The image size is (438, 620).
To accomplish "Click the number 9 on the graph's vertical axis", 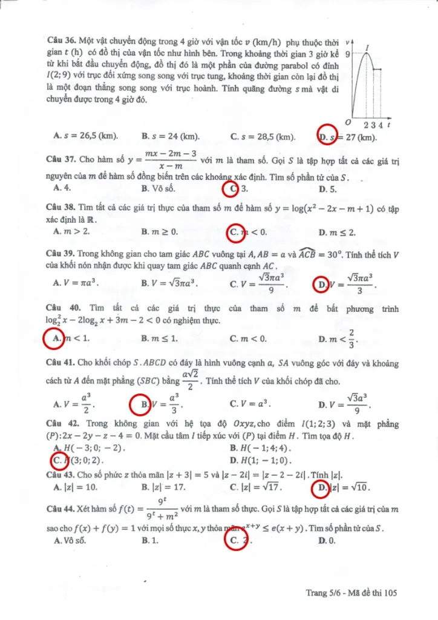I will click(347, 53).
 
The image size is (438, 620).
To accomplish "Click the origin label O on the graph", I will click(348, 122).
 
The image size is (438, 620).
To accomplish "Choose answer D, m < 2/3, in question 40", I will click(338, 338).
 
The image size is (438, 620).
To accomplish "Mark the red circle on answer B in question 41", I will click(141, 403).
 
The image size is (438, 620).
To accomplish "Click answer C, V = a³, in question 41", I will click(250, 403).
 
